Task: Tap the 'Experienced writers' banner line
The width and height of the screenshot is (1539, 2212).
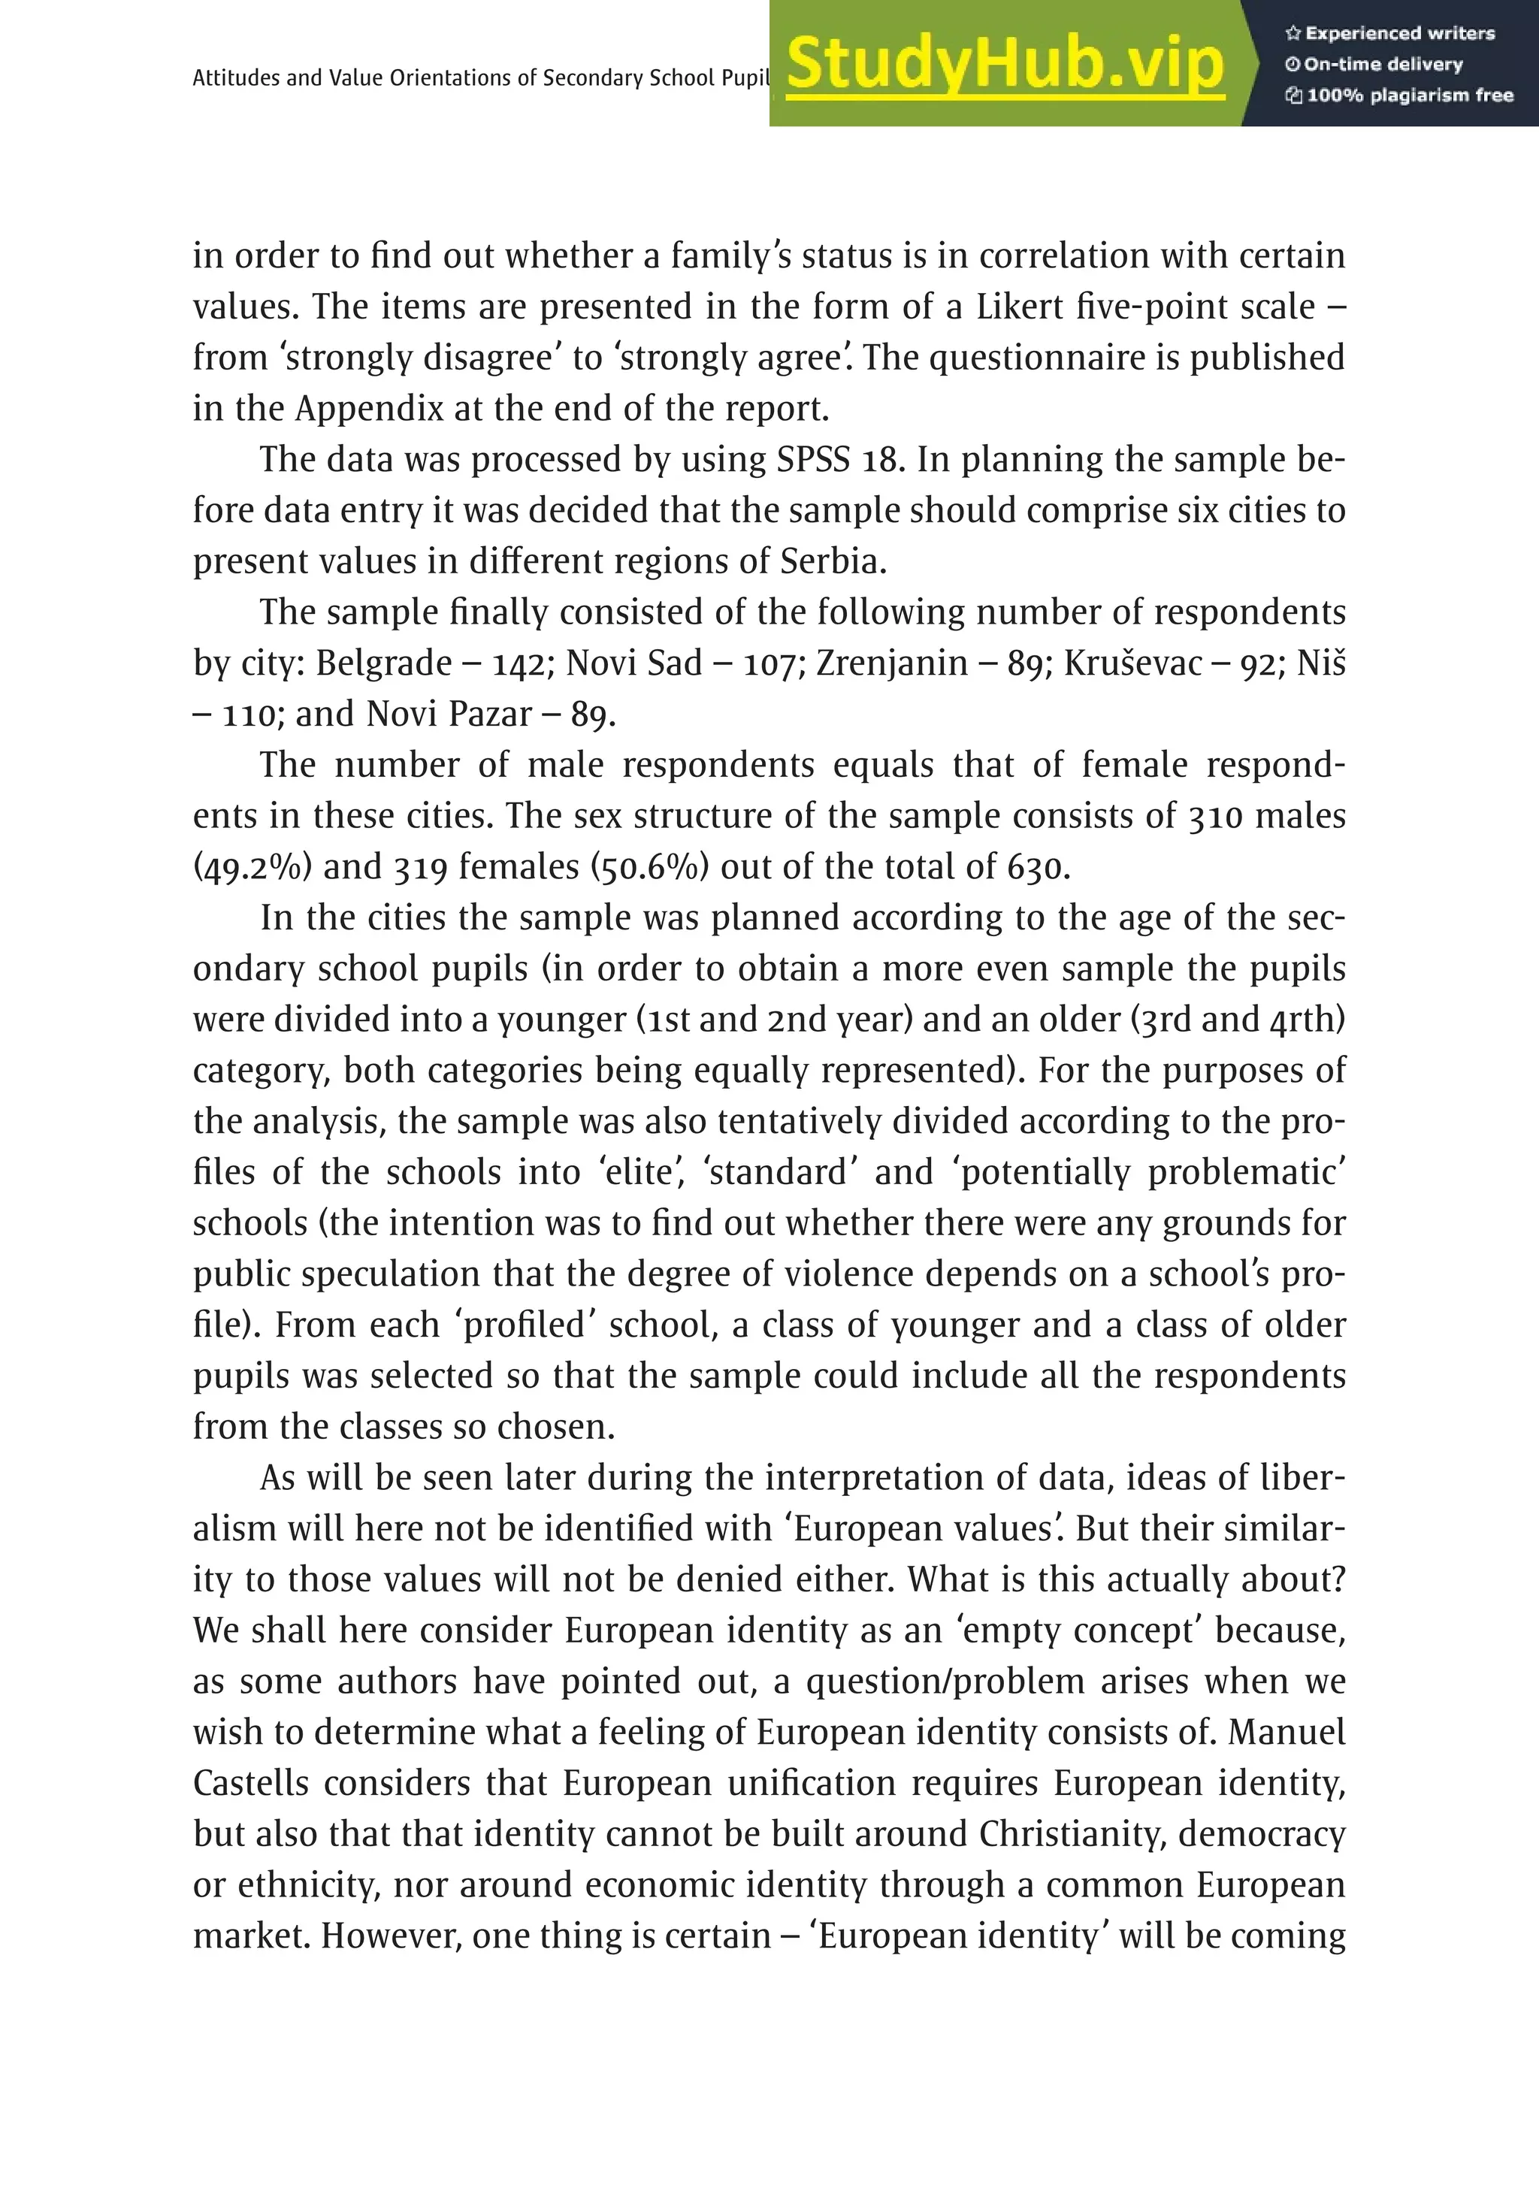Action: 1389,34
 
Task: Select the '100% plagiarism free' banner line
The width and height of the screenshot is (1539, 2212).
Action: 1399,95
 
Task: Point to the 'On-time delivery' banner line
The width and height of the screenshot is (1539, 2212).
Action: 1374,65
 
